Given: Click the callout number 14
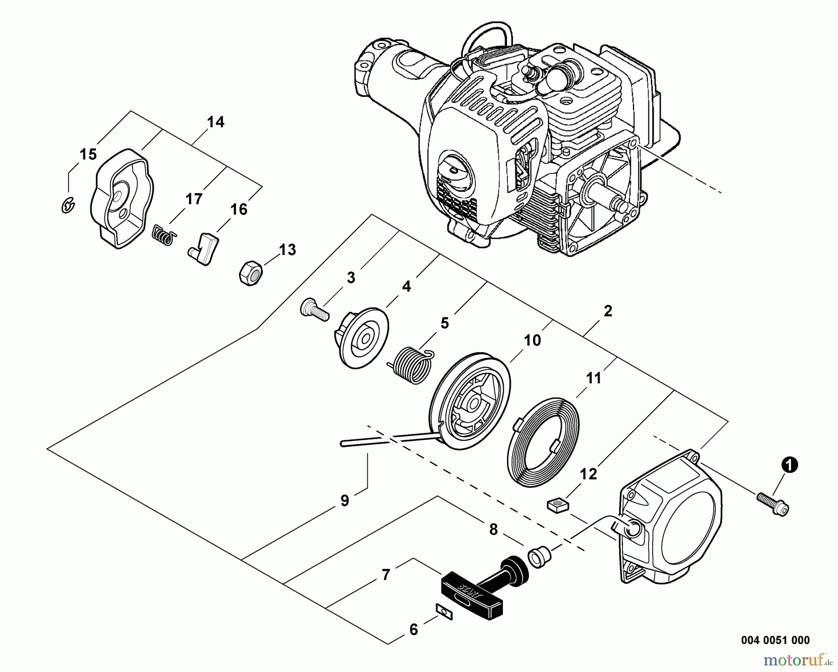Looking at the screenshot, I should tap(216, 122).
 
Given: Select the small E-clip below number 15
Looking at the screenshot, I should tap(69, 205).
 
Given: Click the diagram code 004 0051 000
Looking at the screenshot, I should tap(775, 640).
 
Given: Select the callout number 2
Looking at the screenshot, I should tap(608, 311).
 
